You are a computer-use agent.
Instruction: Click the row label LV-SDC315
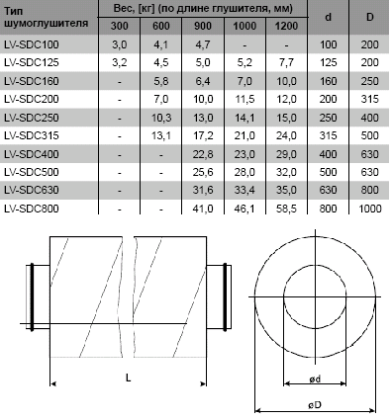32,135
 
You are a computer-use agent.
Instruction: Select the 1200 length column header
286,26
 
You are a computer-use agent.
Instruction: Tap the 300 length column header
119,26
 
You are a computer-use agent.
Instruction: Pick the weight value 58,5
286,209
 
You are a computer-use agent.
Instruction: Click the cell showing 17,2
203,135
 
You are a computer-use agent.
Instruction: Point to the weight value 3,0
119,44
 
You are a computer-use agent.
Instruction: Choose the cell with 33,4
244,190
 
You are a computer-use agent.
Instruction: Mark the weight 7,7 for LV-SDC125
286,62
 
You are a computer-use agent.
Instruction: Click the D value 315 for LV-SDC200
369,99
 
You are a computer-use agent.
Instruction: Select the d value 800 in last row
328,209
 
